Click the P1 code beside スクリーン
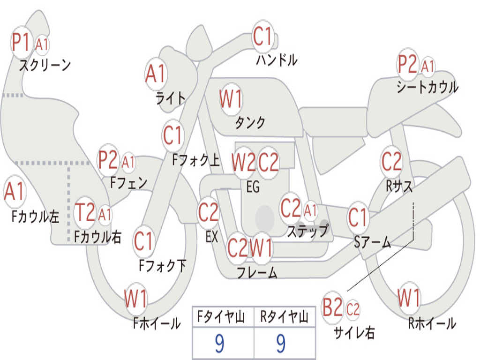point(21,42)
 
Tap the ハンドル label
point(277,60)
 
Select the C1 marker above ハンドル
point(262,37)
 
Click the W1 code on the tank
point(231,99)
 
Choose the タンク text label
point(250,122)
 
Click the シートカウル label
point(427,87)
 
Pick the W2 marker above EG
point(243,162)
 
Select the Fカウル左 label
point(35,217)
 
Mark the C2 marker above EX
point(209,212)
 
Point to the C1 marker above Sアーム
point(357,217)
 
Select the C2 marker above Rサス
point(391,161)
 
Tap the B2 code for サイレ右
point(333,307)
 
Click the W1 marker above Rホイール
point(409,297)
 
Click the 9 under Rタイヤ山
point(281,343)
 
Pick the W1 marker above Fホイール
point(136,299)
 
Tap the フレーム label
point(257,272)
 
